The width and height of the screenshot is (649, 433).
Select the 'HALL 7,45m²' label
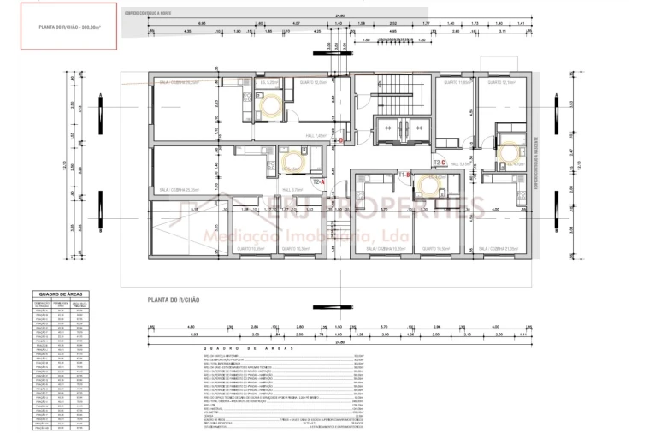pos(315,136)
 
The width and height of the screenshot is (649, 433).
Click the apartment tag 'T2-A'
pos(319,182)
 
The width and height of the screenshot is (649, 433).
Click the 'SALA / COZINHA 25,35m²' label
pos(180,190)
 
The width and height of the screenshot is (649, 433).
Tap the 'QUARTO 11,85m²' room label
pos(457,83)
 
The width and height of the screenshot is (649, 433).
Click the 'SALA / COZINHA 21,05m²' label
pos(498,248)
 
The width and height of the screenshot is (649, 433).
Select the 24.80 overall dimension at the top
pos(339,15)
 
